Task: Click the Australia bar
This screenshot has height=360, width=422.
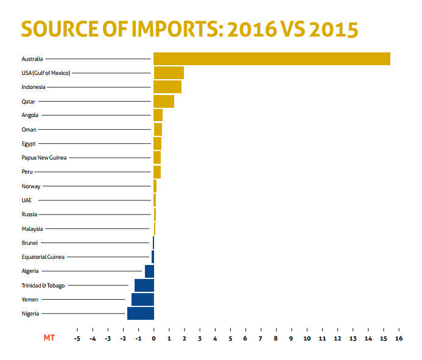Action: point(272,58)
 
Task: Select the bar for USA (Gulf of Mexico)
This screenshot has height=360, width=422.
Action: point(169,73)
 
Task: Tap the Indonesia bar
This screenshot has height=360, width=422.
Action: point(167,87)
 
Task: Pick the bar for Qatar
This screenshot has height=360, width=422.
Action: point(164,101)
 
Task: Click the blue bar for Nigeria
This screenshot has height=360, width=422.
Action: point(141,313)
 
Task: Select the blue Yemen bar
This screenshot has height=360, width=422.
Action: point(142,299)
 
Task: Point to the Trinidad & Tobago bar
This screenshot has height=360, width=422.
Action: point(144,285)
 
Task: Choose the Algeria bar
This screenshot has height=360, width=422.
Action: point(149,271)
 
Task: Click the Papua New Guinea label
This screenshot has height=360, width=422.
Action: point(44,158)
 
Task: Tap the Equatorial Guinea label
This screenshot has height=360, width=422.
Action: point(43,257)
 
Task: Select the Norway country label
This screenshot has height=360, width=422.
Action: point(30,186)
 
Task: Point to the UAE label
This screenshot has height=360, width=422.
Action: point(26,200)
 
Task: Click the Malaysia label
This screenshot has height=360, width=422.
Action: point(32,229)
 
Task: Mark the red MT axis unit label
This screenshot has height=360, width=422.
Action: point(49,338)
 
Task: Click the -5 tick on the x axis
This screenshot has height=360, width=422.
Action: point(77,338)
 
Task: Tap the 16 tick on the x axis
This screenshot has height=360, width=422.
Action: point(398,338)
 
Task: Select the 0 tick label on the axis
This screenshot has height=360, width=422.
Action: point(153,338)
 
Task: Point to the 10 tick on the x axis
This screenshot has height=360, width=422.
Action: point(307,338)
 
